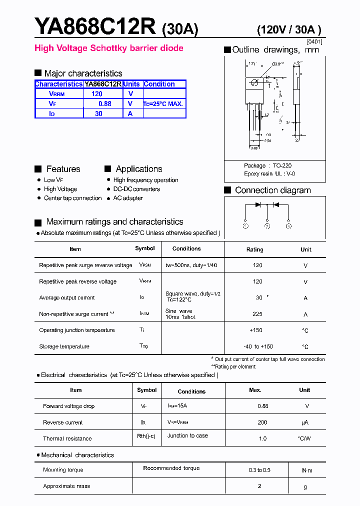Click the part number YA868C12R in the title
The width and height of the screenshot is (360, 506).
[x=95, y=27]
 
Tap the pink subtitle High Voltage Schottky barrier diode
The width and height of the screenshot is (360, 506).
[x=108, y=48]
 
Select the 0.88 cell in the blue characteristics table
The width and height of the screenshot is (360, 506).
[x=104, y=104]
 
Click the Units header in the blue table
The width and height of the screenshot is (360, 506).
[x=132, y=84]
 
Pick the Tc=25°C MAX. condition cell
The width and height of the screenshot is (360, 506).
[x=163, y=104]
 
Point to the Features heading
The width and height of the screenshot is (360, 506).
[x=63, y=169]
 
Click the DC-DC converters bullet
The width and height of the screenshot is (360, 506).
[x=136, y=189]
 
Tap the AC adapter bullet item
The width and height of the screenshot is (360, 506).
[x=128, y=198]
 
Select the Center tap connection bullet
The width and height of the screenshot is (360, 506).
[x=72, y=198]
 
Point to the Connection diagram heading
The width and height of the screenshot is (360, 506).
[x=272, y=190]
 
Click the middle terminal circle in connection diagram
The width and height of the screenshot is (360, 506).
[x=267, y=226]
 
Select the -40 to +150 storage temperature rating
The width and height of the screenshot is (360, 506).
[x=258, y=346]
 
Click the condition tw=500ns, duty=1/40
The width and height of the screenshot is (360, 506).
[x=191, y=265]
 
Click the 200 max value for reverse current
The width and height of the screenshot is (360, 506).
[x=262, y=422]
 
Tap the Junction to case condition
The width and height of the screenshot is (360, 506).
[x=187, y=435]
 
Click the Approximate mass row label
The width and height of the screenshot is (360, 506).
[x=66, y=486]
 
